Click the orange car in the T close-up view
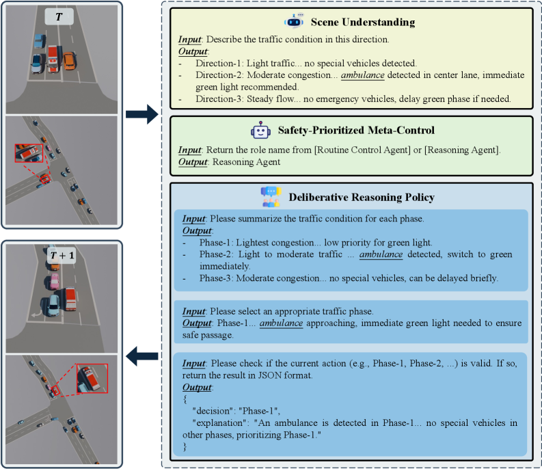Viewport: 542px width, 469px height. pyautogui.click(x=70, y=60)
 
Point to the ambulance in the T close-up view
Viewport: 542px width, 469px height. pyautogui.click(x=53, y=60)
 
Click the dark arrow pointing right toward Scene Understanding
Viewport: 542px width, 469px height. pyautogui.click(x=142, y=114)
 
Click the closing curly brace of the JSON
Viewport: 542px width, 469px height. pyautogui.click(x=185, y=447)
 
